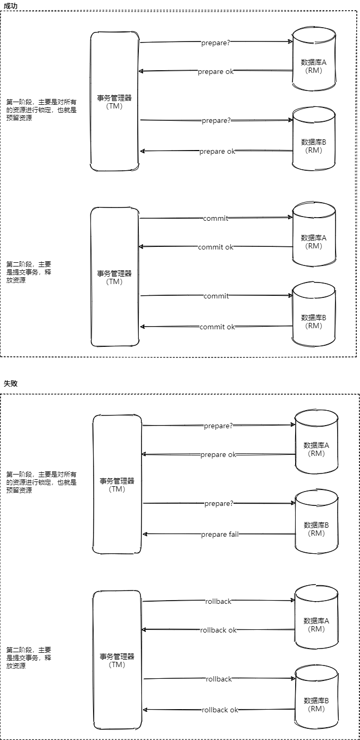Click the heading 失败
[11, 383]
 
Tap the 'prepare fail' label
[220, 534]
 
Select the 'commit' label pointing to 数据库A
[215, 218]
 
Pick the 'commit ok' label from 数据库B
[217, 327]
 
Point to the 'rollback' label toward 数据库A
[218, 601]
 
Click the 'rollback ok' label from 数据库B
[220, 710]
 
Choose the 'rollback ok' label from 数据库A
[218, 630]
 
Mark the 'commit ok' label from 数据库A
[215, 247]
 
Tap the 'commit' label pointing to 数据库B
[216, 296]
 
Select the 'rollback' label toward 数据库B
[219, 679]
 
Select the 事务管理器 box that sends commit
[114, 277]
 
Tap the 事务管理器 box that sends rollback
[117, 660]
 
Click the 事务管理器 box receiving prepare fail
[117, 484]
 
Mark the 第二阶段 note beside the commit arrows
[29, 272]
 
